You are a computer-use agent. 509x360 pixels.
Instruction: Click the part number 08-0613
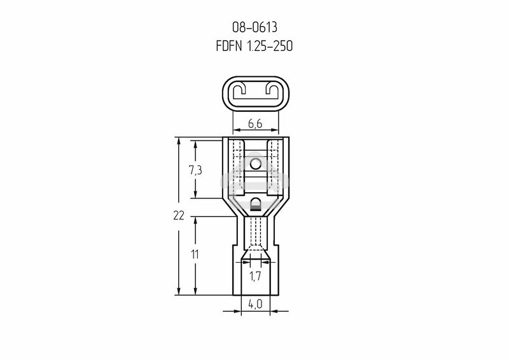(255, 27)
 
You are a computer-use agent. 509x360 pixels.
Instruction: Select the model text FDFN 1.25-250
(254, 46)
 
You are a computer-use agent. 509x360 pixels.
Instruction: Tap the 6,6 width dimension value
(255, 123)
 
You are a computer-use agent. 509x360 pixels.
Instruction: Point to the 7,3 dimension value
(195, 170)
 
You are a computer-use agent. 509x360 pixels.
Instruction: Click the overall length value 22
(179, 215)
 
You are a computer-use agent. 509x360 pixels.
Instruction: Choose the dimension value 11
(195, 255)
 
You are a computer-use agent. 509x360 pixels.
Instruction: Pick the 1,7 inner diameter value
(255, 276)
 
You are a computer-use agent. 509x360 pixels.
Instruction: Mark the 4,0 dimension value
(255, 304)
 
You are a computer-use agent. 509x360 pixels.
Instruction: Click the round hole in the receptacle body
(256, 163)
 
